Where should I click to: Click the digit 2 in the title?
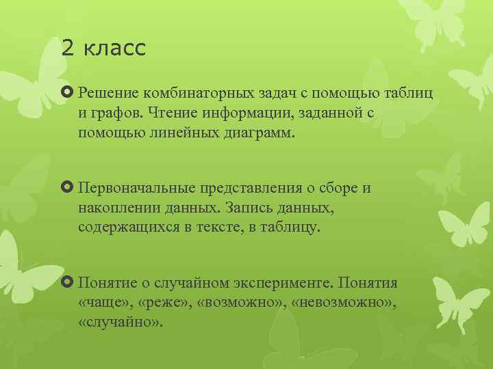66,48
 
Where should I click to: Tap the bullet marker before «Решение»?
68,92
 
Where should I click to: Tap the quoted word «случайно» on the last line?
121,320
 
